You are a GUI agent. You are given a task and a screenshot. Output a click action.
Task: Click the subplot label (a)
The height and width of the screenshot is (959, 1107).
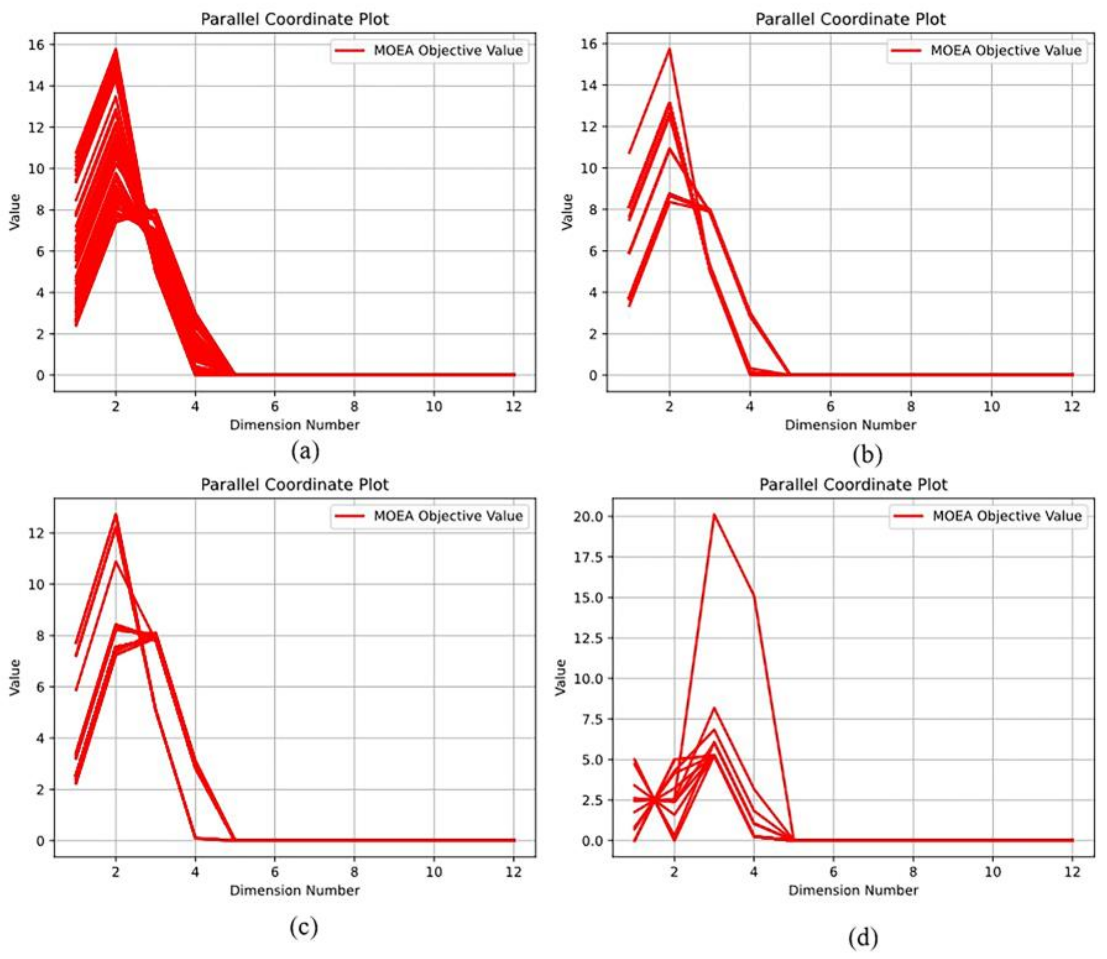pyautogui.click(x=305, y=451)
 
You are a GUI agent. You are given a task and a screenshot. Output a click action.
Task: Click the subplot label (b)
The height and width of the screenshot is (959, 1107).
pyautogui.click(x=867, y=454)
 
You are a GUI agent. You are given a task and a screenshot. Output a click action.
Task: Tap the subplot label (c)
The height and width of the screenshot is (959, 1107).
pyautogui.click(x=304, y=926)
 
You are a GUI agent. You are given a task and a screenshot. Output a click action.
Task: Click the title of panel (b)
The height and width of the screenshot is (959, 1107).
pyautogui.click(x=850, y=19)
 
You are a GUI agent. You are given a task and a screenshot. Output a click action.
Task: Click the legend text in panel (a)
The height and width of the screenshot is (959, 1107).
pyautogui.click(x=448, y=51)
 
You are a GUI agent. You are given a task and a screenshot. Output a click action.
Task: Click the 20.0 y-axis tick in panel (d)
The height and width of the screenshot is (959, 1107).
pyautogui.click(x=588, y=517)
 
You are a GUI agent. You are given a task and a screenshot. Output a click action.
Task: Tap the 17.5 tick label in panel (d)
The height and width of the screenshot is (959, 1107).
pyautogui.click(x=588, y=557)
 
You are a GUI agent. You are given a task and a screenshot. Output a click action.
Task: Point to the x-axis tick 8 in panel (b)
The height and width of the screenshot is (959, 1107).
pyautogui.click(x=911, y=406)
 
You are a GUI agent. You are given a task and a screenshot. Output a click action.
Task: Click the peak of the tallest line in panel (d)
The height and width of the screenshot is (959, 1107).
pyautogui.click(x=714, y=515)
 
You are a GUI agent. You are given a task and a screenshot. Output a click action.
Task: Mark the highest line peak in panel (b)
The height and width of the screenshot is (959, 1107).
pyautogui.click(x=669, y=49)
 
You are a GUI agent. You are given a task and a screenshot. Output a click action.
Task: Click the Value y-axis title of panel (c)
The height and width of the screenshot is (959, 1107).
pyautogui.click(x=15, y=678)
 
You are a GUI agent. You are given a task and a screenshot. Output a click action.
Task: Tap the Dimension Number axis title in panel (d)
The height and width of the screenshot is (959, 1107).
pyautogui.click(x=853, y=891)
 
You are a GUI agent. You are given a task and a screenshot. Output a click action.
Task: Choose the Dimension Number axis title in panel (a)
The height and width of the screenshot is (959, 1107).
pyautogui.click(x=294, y=425)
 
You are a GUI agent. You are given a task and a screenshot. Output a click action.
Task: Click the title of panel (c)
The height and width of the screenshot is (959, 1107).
pyautogui.click(x=294, y=485)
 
